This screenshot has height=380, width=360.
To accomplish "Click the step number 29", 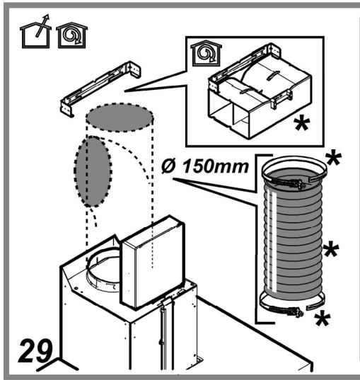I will click(35, 351).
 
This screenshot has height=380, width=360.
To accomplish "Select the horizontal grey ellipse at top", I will click(119, 118).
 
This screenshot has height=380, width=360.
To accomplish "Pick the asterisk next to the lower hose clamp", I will click(324, 317).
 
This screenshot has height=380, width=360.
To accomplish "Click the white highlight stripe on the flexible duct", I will click(268, 241).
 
